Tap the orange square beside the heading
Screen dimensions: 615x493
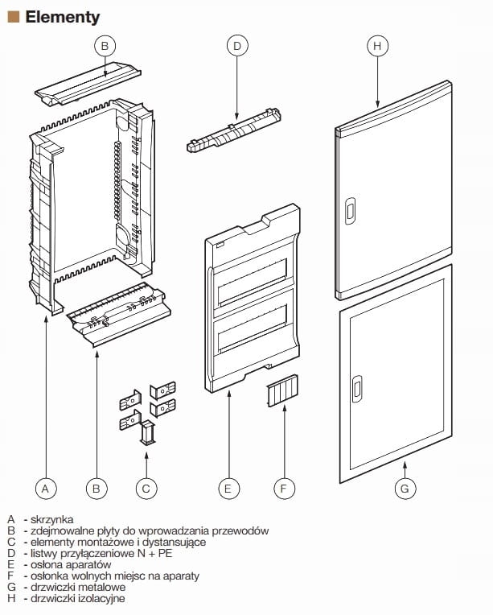pos(12,16)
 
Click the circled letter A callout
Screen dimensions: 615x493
pos(46,487)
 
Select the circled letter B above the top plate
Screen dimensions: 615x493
pos(105,46)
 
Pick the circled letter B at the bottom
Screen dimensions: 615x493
pos(97,487)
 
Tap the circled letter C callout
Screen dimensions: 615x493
pos(146,487)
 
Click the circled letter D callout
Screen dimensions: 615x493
pos(236,46)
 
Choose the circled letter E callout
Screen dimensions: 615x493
pos(228,487)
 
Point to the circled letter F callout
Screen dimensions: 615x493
pos(283,487)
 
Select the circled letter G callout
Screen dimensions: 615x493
pos(405,487)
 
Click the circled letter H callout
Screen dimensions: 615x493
pos(377,46)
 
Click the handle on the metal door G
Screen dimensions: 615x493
pos(356,388)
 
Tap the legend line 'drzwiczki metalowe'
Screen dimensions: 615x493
pos(77,588)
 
